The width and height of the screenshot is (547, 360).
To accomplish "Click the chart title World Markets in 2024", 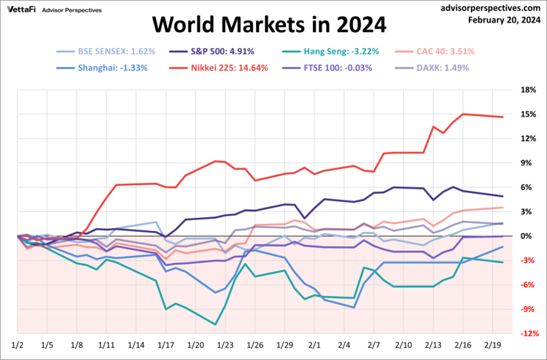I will click(269, 26).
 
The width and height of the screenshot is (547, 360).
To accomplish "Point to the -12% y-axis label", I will click(524, 333).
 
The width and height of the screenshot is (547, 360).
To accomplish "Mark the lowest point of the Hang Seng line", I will click(215, 324).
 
